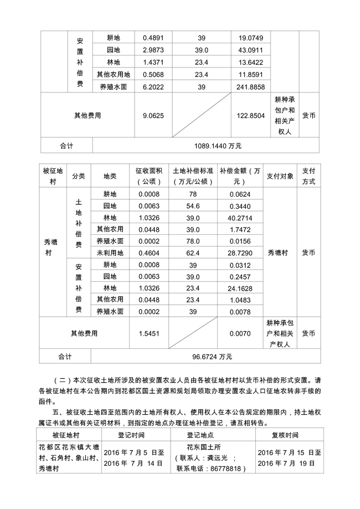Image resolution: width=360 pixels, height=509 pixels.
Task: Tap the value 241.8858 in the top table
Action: click(x=251, y=87)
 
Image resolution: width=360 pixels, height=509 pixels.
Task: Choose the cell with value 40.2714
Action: click(x=240, y=218)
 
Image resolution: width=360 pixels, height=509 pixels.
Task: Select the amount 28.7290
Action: click(x=240, y=253)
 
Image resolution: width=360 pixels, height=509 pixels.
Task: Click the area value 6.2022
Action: click(x=153, y=87)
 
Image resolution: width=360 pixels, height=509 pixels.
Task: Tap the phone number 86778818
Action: click(x=228, y=468)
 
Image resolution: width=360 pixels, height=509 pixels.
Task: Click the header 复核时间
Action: click(x=285, y=435)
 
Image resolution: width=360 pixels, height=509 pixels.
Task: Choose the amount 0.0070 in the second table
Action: click(x=240, y=333)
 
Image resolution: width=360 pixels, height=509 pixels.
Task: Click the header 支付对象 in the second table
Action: click(x=282, y=176)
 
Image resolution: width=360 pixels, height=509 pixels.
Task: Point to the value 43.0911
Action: click(x=251, y=50)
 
